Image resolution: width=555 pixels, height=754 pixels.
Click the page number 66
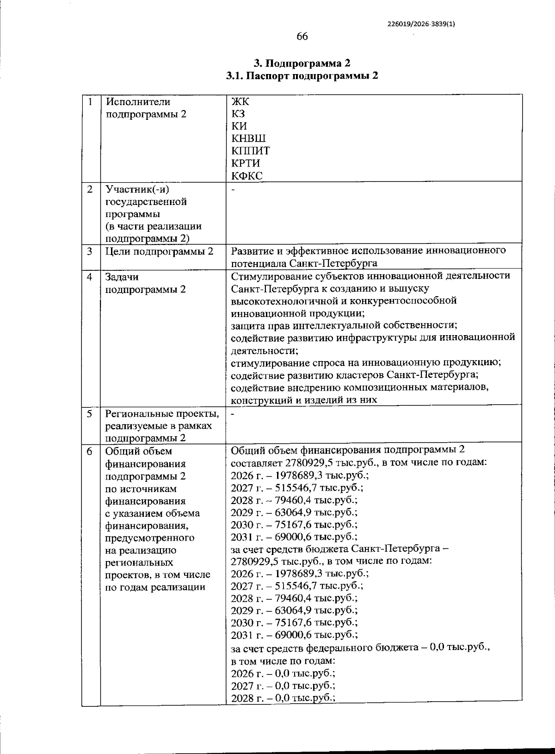coord(302,37)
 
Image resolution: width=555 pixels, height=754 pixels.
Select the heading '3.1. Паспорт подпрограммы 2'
coord(302,76)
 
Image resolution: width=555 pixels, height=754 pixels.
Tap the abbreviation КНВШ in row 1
coord(248,138)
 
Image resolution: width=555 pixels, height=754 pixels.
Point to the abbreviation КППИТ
coord(250,151)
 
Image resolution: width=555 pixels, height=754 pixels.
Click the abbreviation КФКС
coord(247,175)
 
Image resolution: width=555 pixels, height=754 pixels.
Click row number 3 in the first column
coord(90,251)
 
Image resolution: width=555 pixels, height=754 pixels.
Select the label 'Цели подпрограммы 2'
coord(160,251)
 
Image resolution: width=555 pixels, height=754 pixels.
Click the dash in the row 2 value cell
coord(234,189)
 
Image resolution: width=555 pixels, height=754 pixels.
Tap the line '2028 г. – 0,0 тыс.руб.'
coord(283,698)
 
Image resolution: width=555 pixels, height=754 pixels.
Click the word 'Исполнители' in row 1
coord(138,102)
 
